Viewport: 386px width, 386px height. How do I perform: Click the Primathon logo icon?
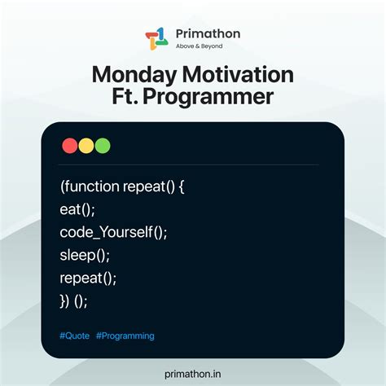point(156,38)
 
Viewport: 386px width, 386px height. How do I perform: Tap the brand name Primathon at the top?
point(203,33)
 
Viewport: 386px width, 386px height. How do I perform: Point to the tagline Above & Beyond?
point(198,46)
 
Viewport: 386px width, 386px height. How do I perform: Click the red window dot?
point(70,147)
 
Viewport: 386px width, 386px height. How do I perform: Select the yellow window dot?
point(86,147)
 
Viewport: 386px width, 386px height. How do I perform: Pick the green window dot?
point(103,147)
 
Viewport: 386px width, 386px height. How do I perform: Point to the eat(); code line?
point(77,209)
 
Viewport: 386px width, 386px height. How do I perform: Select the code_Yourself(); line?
point(113,232)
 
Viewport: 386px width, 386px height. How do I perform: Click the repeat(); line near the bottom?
point(88,278)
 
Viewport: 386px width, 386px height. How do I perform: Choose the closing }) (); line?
point(73,300)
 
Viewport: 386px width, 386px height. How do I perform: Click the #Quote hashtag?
point(74,336)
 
